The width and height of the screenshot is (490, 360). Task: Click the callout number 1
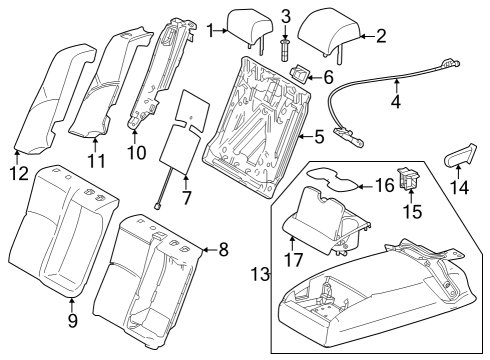pos(210,30)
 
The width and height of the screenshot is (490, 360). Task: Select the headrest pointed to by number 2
pos(330,34)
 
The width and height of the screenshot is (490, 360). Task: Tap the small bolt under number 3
pos(285,49)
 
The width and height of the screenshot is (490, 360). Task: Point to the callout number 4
pos(396,101)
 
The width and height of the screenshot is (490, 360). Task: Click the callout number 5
pos(319,137)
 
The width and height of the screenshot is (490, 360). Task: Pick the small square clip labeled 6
pos(300,74)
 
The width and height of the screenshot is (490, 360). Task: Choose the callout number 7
pos(186,198)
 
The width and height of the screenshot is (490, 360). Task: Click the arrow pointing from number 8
pos(209,249)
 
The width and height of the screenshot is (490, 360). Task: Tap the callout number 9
pos(73,320)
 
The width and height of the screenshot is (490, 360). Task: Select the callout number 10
pos(136,152)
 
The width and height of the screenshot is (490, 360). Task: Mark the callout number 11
pos(96,161)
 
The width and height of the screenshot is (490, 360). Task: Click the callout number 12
pos(19,174)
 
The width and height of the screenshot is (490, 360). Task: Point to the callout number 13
pos(260,275)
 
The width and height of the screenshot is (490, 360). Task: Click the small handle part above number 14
pos(460,155)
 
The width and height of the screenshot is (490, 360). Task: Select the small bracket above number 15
pos(408,178)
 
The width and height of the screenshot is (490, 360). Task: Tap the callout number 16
pos(385,185)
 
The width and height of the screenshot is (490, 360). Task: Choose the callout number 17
pos(293,260)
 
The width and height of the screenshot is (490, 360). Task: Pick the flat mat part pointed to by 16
pos(333,179)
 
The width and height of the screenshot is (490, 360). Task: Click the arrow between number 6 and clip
pos(315,78)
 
